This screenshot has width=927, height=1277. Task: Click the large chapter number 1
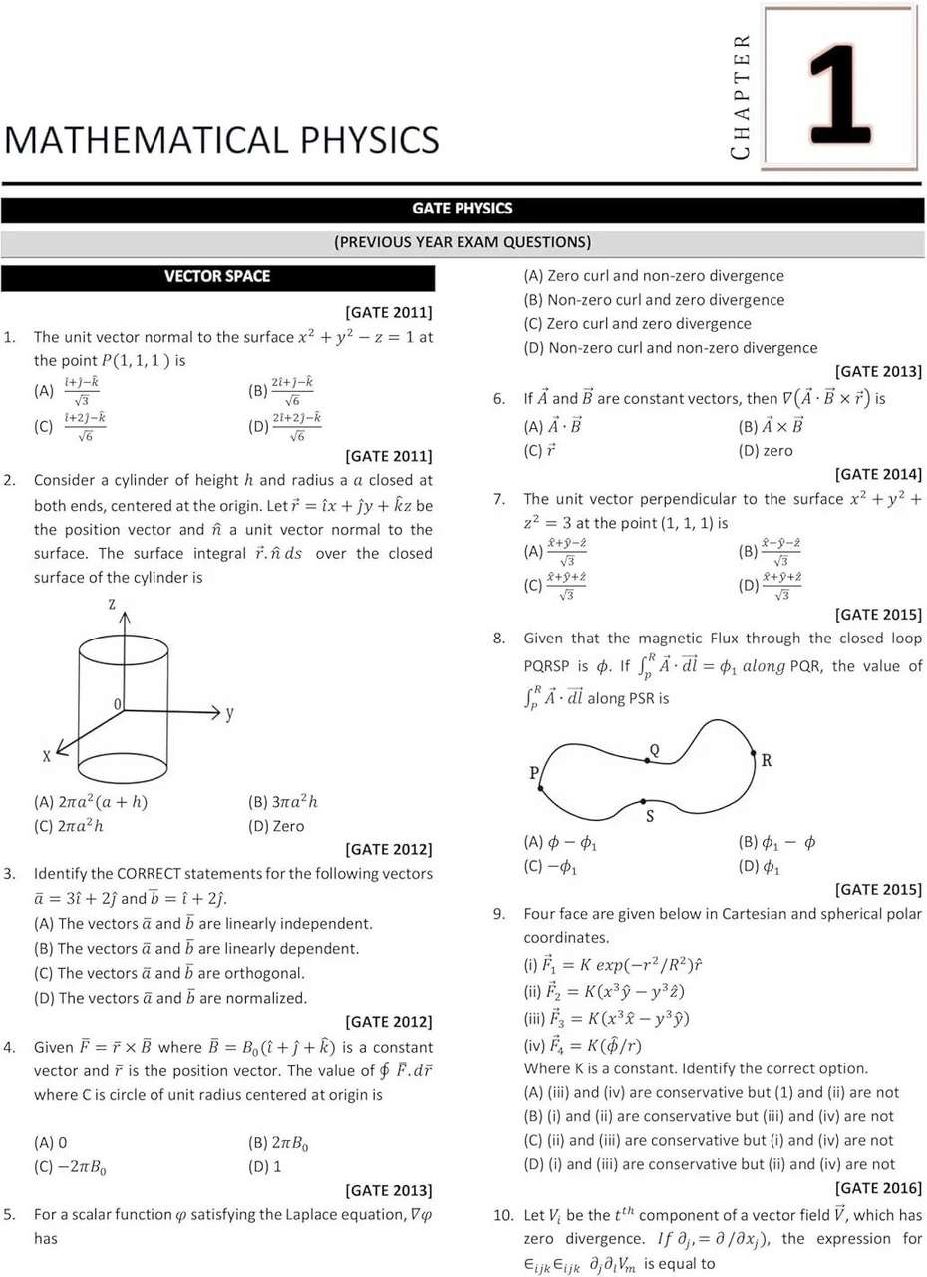coord(842,87)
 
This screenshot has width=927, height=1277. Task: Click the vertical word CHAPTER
coord(740,96)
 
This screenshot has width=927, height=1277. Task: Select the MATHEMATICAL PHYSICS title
coord(220,139)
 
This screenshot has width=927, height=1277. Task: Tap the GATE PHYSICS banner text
coord(463,209)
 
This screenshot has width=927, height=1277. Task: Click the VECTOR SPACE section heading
coord(217,276)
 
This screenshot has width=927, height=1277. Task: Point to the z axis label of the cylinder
coord(113,604)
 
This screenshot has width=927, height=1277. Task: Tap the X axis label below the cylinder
coord(46,757)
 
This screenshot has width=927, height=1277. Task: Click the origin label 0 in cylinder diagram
coord(118,704)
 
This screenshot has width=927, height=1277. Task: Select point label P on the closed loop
coord(534,773)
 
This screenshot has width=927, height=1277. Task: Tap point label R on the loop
coord(767,760)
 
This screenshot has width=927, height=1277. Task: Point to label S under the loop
coord(650,817)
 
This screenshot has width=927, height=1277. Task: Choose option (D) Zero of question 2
coord(276,826)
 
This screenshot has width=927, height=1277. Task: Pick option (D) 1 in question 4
coord(264,1165)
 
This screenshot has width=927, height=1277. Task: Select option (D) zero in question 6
coord(766,450)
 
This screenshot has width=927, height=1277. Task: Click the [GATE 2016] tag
coord(878,1188)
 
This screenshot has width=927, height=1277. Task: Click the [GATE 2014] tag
coord(878,474)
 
